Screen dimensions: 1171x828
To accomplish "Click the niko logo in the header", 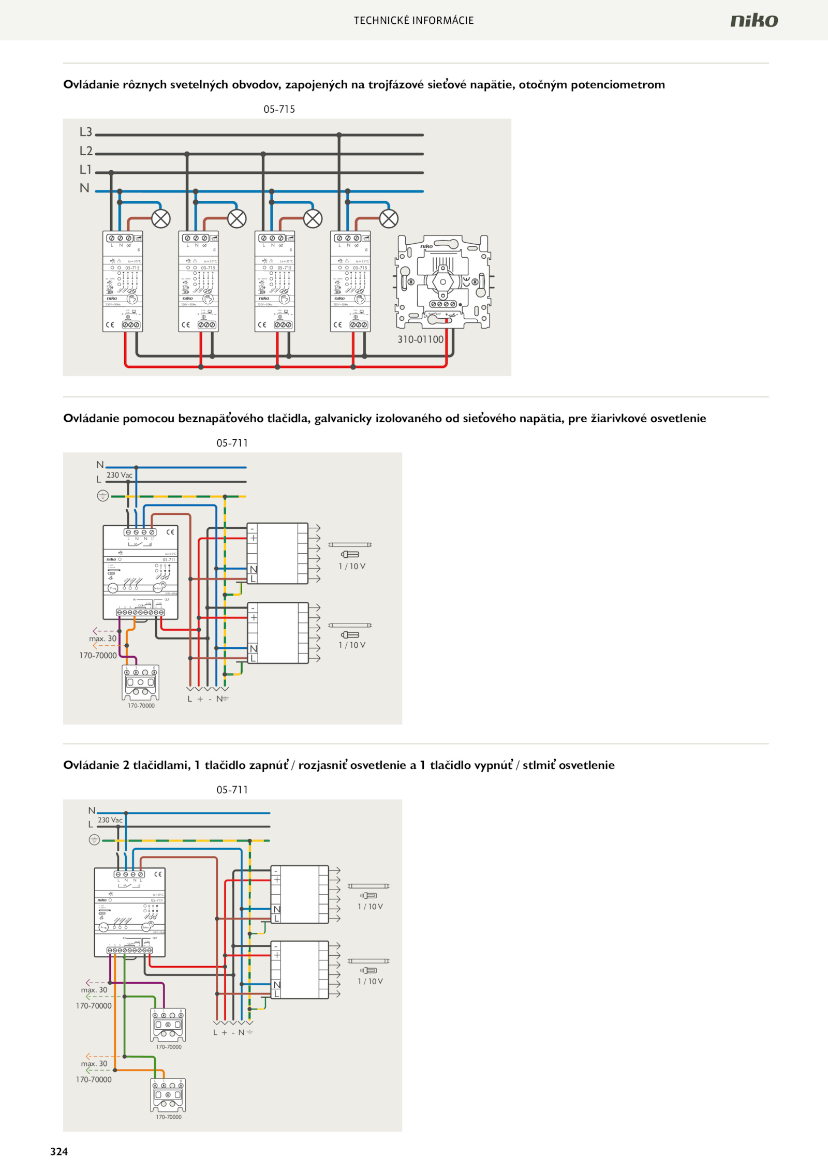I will click(754, 20).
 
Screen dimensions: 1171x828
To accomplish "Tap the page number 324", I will click(59, 1151).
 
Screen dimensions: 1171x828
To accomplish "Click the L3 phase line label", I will click(86, 132).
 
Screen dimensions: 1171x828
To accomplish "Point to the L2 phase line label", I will click(86, 151).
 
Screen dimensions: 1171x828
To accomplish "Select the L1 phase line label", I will click(85, 170).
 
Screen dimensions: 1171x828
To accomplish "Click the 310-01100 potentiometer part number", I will click(420, 339).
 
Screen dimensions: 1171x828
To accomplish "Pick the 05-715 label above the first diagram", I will click(279, 109).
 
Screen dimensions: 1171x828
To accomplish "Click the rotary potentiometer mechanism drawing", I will click(443, 282).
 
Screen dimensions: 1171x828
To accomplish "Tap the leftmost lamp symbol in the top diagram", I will click(161, 219).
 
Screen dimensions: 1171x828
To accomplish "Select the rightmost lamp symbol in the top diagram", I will click(389, 219).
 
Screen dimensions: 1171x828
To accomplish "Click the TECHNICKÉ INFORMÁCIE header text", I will click(413, 21).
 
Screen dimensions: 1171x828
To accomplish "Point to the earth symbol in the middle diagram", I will click(102, 496).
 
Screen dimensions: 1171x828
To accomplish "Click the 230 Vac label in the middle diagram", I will click(120, 475).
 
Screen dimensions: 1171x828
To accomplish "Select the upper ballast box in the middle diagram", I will click(277, 553).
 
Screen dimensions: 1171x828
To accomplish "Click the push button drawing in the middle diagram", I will click(140, 683).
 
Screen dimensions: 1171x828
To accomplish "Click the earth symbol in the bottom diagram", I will click(94, 840).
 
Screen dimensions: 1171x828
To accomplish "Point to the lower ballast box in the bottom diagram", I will click(300, 970).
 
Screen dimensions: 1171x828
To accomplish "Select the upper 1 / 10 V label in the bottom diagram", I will click(371, 907).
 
